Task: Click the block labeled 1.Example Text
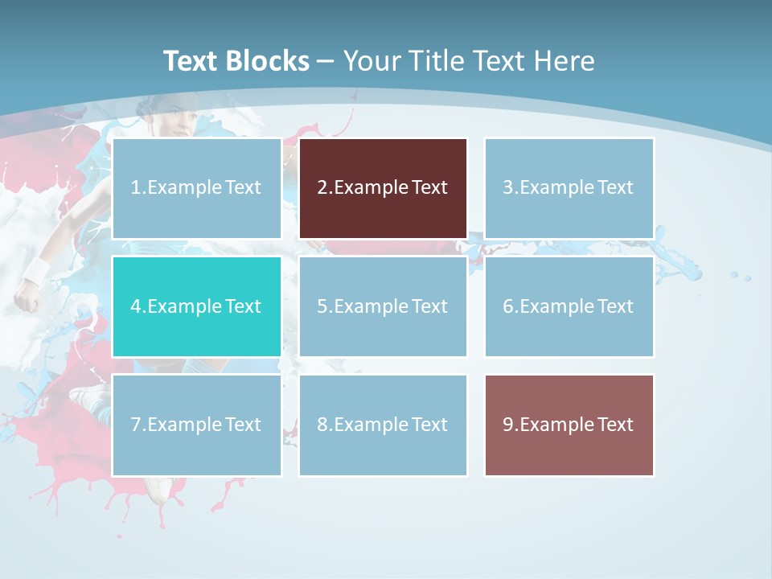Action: coord(196,188)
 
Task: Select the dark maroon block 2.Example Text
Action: coord(383,188)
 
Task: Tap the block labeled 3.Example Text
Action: coord(569,188)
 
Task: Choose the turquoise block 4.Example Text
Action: coord(196,306)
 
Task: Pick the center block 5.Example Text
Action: coord(383,306)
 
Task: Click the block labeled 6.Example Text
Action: coord(569,306)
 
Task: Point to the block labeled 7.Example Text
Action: coord(196,425)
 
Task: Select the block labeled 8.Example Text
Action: coord(383,425)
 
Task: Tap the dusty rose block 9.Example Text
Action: coord(569,425)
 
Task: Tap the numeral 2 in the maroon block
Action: coord(322,188)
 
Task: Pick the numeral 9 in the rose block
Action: coord(508,425)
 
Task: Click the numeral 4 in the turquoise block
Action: coord(135,306)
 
